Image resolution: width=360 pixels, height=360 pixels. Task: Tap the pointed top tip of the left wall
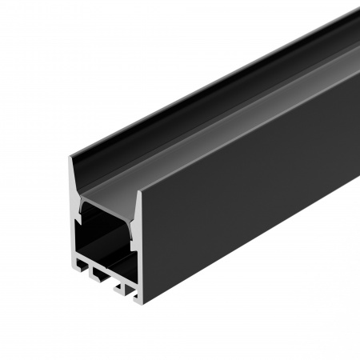coord(70,158)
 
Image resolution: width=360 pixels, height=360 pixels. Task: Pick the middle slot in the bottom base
coord(102,279)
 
